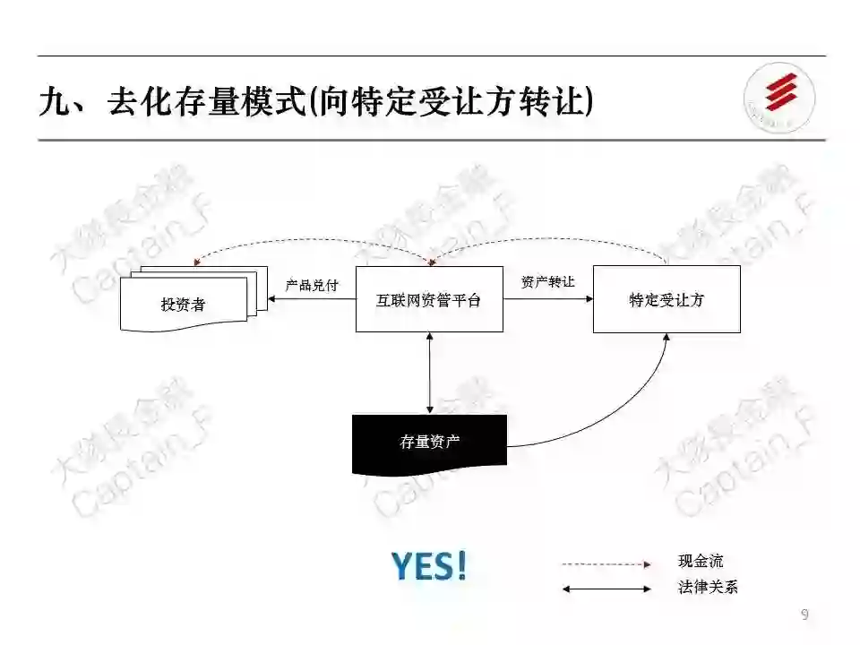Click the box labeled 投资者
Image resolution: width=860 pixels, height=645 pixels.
pos(184,305)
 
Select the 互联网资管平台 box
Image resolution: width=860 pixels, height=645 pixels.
pos(429,299)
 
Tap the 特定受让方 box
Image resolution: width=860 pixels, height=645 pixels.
pos(666,299)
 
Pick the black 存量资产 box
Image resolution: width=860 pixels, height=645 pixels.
pos(429,442)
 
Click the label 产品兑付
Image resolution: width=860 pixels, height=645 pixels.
pos(312,285)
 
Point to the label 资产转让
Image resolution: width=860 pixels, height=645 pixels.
pos(547,281)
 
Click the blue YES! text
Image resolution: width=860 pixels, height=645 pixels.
pos(429,566)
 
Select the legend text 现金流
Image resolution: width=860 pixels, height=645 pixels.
pos(701,562)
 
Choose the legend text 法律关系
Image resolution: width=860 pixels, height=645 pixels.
pos(708,589)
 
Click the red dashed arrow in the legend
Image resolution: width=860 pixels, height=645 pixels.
pos(606,564)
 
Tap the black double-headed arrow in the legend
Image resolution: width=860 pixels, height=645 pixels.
pos(606,589)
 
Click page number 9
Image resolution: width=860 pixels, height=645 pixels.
pos(804,615)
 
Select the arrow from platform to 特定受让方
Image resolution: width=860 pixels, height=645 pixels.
pos(547,300)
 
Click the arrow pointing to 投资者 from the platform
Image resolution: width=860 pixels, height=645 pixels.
pos(312,300)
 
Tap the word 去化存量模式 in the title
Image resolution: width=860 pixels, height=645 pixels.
pos(206,101)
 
